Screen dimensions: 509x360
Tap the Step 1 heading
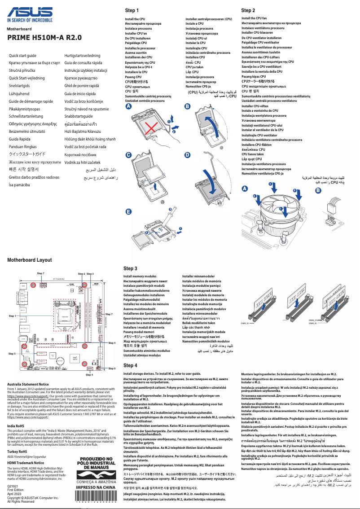point(132,10)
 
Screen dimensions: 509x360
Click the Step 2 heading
point(248,10)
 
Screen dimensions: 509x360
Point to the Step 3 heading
point(130,268)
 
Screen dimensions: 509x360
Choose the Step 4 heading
point(130,365)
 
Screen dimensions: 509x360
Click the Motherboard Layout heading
point(30,260)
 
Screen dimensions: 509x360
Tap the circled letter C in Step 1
point(128,155)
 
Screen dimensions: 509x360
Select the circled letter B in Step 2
point(318,190)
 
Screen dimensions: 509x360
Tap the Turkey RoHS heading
point(17,451)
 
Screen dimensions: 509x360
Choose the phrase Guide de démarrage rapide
point(31,101)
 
